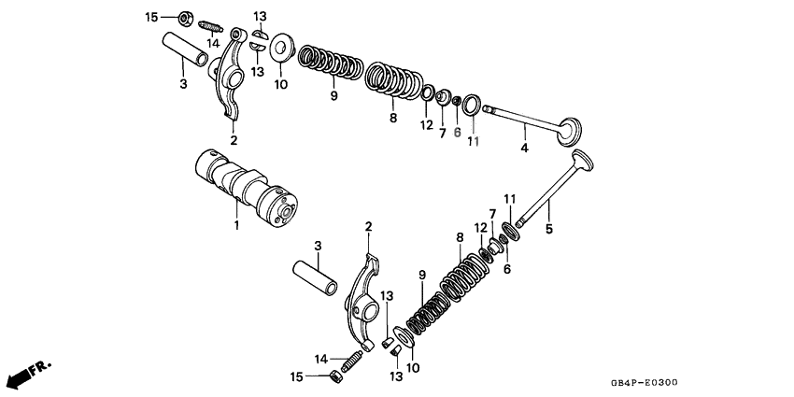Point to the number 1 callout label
pyautogui.click(x=235, y=225)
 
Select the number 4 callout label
pyautogui.click(x=524, y=149)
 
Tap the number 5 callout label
pyautogui.click(x=548, y=228)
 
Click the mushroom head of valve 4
pyautogui.click(x=569, y=132)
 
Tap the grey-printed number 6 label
pyautogui.click(x=457, y=133)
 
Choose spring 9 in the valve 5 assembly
pyautogui.click(x=423, y=311)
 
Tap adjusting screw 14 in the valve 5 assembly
pyautogui.click(x=353, y=362)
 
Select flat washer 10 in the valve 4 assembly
pyautogui.click(x=279, y=50)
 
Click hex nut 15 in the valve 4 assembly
pyautogui.click(x=184, y=17)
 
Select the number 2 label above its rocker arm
pyautogui.click(x=368, y=226)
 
